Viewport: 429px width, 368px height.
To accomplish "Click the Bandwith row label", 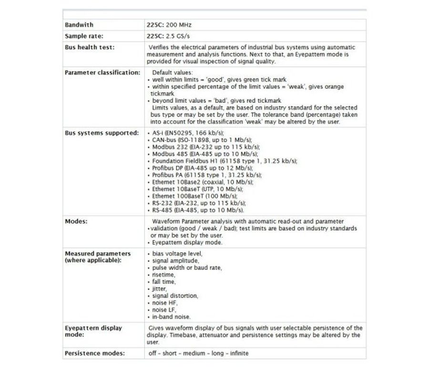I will click(x=79, y=25).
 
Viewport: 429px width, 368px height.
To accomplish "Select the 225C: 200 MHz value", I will click(x=169, y=25).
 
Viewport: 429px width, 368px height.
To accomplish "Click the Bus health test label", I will click(x=90, y=47).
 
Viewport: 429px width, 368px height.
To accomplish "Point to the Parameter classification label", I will click(x=102, y=73).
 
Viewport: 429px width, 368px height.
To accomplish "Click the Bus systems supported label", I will click(x=102, y=133).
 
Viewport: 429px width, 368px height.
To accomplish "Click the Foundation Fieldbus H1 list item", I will click(x=224, y=161).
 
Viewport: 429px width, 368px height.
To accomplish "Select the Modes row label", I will click(x=76, y=221).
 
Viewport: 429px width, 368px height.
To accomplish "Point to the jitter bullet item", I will click(x=159, y=289).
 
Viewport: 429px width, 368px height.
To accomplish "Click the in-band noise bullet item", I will click(x=171, y=316).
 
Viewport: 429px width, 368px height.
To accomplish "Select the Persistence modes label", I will click(x=95, y=353).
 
